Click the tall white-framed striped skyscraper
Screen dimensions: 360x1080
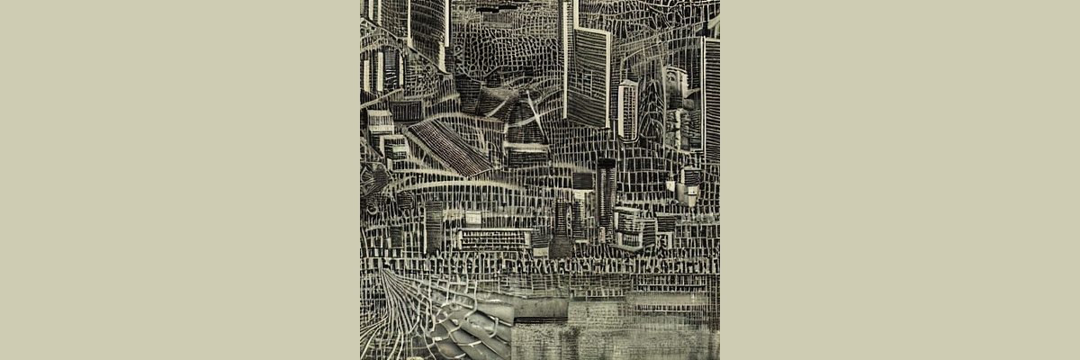click(589, 76)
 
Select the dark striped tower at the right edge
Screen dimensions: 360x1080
click(711, 99)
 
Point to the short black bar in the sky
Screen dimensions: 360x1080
click(498, 8)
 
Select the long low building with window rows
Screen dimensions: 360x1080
click(494, 239)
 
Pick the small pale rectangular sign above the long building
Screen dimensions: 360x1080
click(473, 217)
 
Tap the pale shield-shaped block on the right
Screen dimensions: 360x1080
click(688, 184)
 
